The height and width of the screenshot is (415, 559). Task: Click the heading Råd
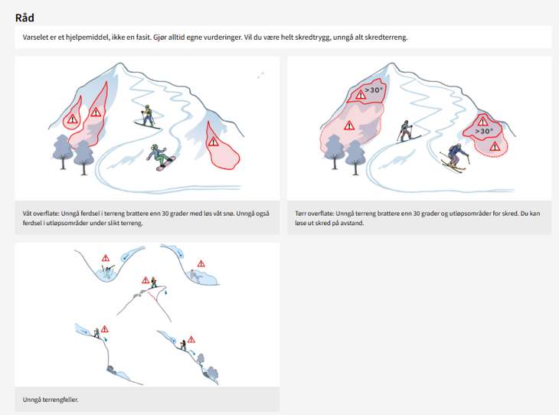pos(25,18)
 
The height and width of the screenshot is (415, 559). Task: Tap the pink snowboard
pos(166,164)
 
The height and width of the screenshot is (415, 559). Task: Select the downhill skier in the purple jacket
pos(455,157)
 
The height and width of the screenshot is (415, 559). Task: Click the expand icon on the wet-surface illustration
pos(260,75)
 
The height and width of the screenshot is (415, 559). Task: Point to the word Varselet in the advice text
pos(36,38)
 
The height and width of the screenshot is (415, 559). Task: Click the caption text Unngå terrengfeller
pos(51,400)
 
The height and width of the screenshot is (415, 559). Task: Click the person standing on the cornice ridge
pos(154,282)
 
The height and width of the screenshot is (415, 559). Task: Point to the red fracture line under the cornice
pos(152,296)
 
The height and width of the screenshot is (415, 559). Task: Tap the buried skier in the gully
pos(108,272)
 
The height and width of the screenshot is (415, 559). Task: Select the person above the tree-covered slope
pos(183,345)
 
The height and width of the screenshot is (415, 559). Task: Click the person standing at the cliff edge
pos(96,333)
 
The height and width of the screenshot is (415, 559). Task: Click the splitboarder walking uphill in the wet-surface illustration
pos(148,116)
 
